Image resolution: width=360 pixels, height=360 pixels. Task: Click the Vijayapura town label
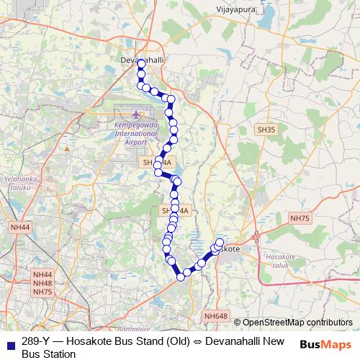[x=236, y=11]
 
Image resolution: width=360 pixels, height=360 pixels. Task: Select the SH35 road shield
[x=266, y=130]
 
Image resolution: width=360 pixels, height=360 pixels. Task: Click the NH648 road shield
[x=215, y=315]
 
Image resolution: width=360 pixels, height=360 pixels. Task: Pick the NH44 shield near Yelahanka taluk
[x=22, y=228]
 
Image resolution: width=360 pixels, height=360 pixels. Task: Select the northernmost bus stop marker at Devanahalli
[x=141, y=64]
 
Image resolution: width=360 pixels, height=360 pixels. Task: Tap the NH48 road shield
[x=42, y=283]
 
